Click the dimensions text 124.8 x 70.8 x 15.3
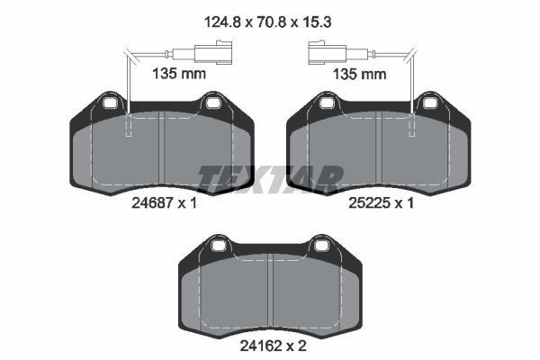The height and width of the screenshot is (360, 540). [267, 22]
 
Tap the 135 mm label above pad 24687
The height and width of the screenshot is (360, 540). [179, 74]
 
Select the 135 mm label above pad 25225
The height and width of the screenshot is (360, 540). [359, 74]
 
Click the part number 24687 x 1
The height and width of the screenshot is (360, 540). [164, 202]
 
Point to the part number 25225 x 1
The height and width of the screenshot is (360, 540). [381, 202]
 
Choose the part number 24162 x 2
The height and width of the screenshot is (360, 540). [273, 346]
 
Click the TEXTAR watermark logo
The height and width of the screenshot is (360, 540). [271, 179]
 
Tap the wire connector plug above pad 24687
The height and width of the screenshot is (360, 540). [213, 52]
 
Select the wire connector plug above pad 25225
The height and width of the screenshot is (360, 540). [328, 53]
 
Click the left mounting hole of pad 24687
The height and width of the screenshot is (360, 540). [110, 103]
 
